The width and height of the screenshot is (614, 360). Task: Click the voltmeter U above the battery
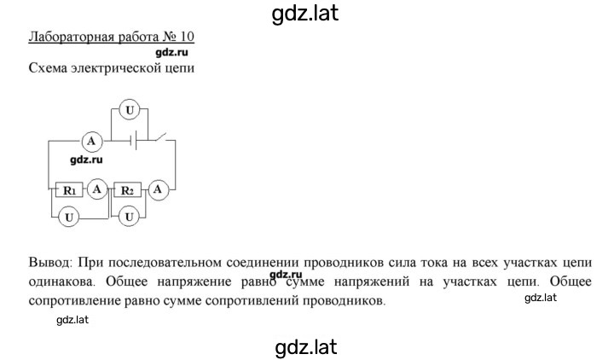coord(130,110)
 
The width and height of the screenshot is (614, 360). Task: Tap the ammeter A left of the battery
coord(91,141)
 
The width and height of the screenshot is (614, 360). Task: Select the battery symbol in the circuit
coord(134,140)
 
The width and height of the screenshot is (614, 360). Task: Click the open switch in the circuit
coord(160,137)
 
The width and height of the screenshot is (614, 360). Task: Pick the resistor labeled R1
coord(69,190)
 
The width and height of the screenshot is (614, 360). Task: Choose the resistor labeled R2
coord(127,190)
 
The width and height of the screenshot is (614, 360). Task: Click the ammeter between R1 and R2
coord(96,189)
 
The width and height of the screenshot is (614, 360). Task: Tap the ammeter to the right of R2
coord(158,189)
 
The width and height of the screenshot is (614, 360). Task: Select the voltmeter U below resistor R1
coord(69,217)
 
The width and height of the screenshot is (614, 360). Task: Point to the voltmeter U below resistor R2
coord(129,217)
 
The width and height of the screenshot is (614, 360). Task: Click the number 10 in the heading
coord(187,37)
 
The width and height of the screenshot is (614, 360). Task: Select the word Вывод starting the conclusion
coord(50,262)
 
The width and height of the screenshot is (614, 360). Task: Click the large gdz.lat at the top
coord(304,14)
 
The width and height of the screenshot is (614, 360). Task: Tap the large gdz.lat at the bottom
coord(306,347)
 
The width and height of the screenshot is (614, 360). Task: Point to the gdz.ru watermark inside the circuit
coord(86,160)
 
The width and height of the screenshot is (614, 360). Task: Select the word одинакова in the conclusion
coord(62,282)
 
